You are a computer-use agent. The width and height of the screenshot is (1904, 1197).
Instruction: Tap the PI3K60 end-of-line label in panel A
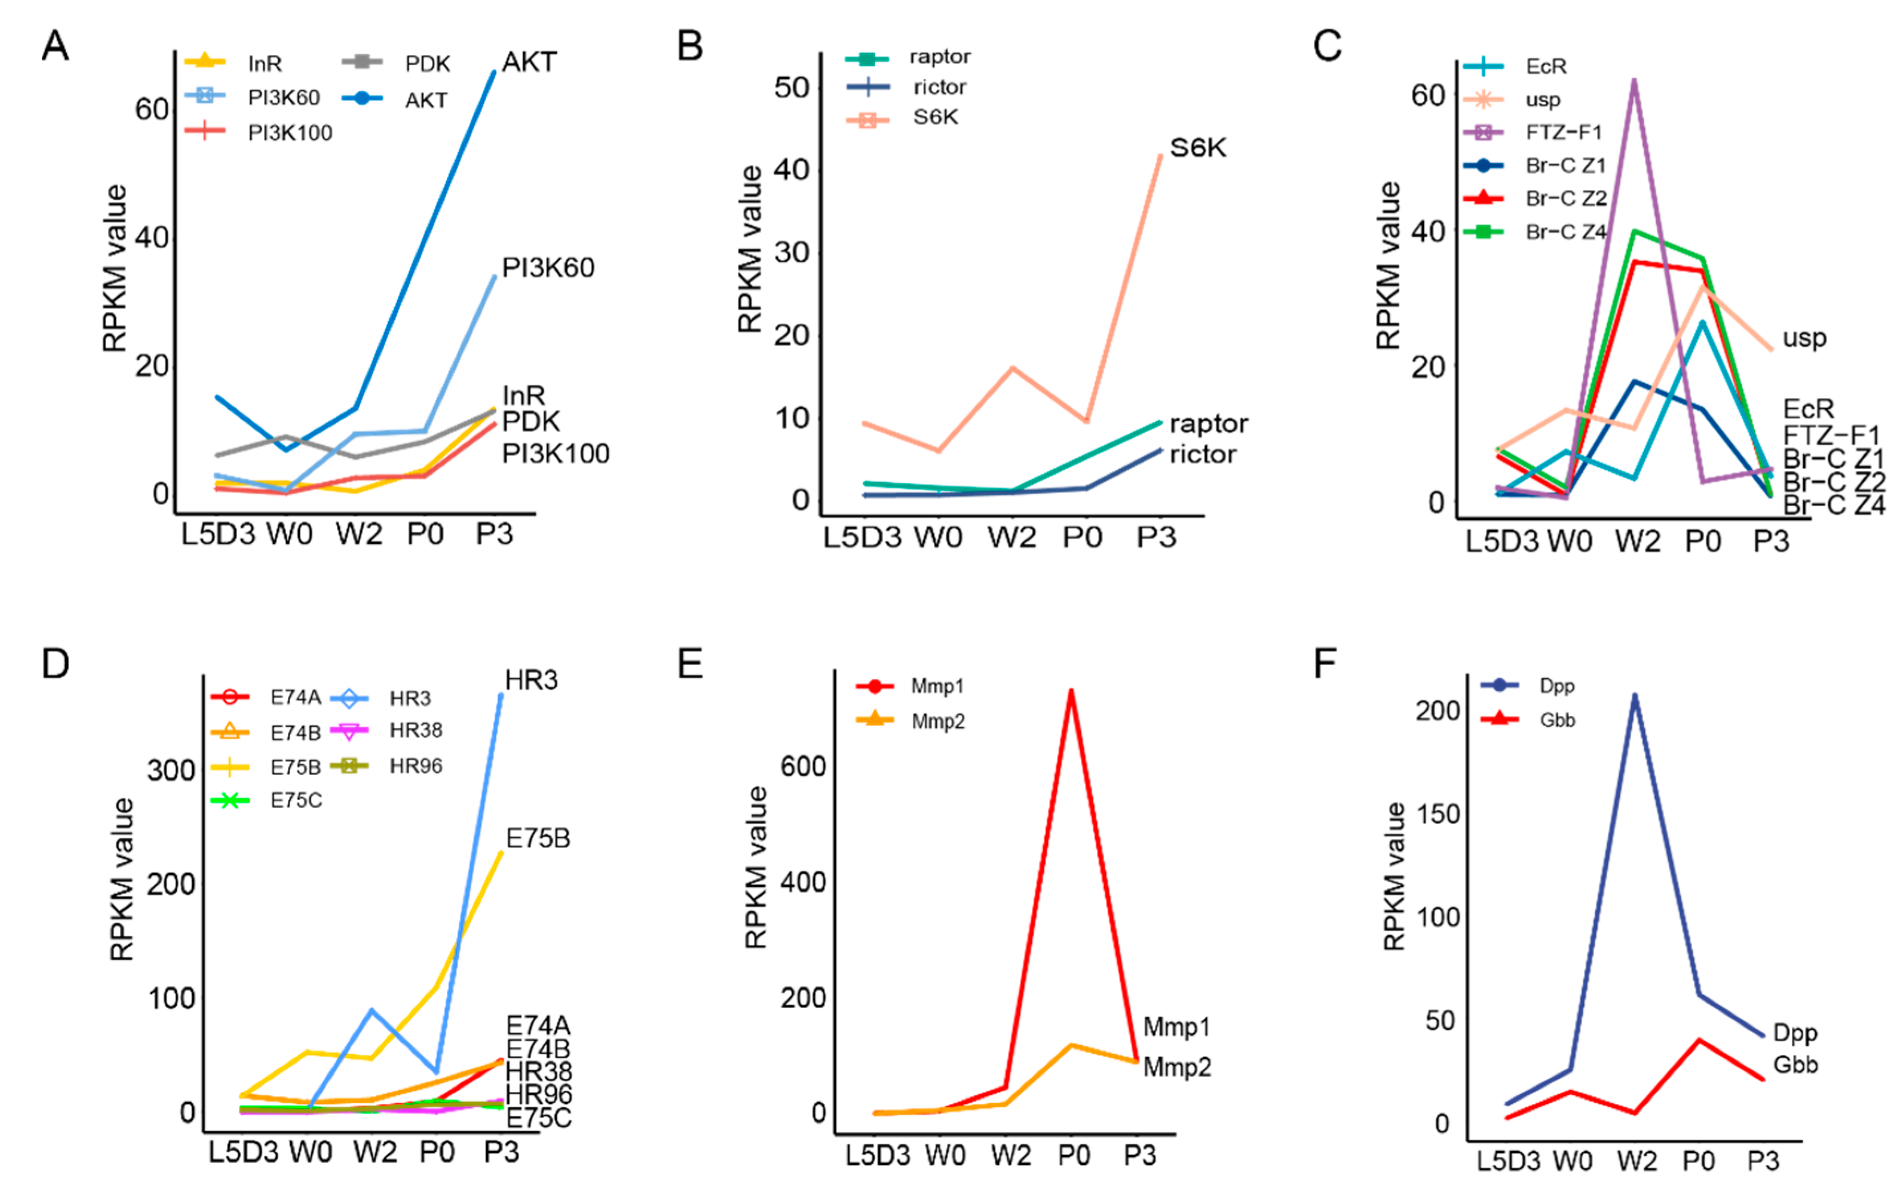click(x=547, y=268)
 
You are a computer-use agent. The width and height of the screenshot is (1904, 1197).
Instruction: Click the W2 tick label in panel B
click(x=1011, y=538)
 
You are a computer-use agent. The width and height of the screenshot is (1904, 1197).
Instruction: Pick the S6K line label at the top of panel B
click(x=1197, y=148)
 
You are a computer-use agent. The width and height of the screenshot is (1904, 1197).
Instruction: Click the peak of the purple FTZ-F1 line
click(x=1633, y=80)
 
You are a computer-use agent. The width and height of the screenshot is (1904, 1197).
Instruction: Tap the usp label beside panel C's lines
click(x=1804, y=339)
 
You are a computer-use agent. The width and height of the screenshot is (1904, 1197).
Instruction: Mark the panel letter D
click(x=56, y=664)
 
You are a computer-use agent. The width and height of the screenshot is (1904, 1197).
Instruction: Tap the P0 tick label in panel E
click(x=1073, y=1156)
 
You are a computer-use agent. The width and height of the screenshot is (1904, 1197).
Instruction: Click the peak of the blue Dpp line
click(x=1634, y=696)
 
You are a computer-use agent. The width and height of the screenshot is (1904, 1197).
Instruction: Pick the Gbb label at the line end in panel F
click(x=1795, y=1065)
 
